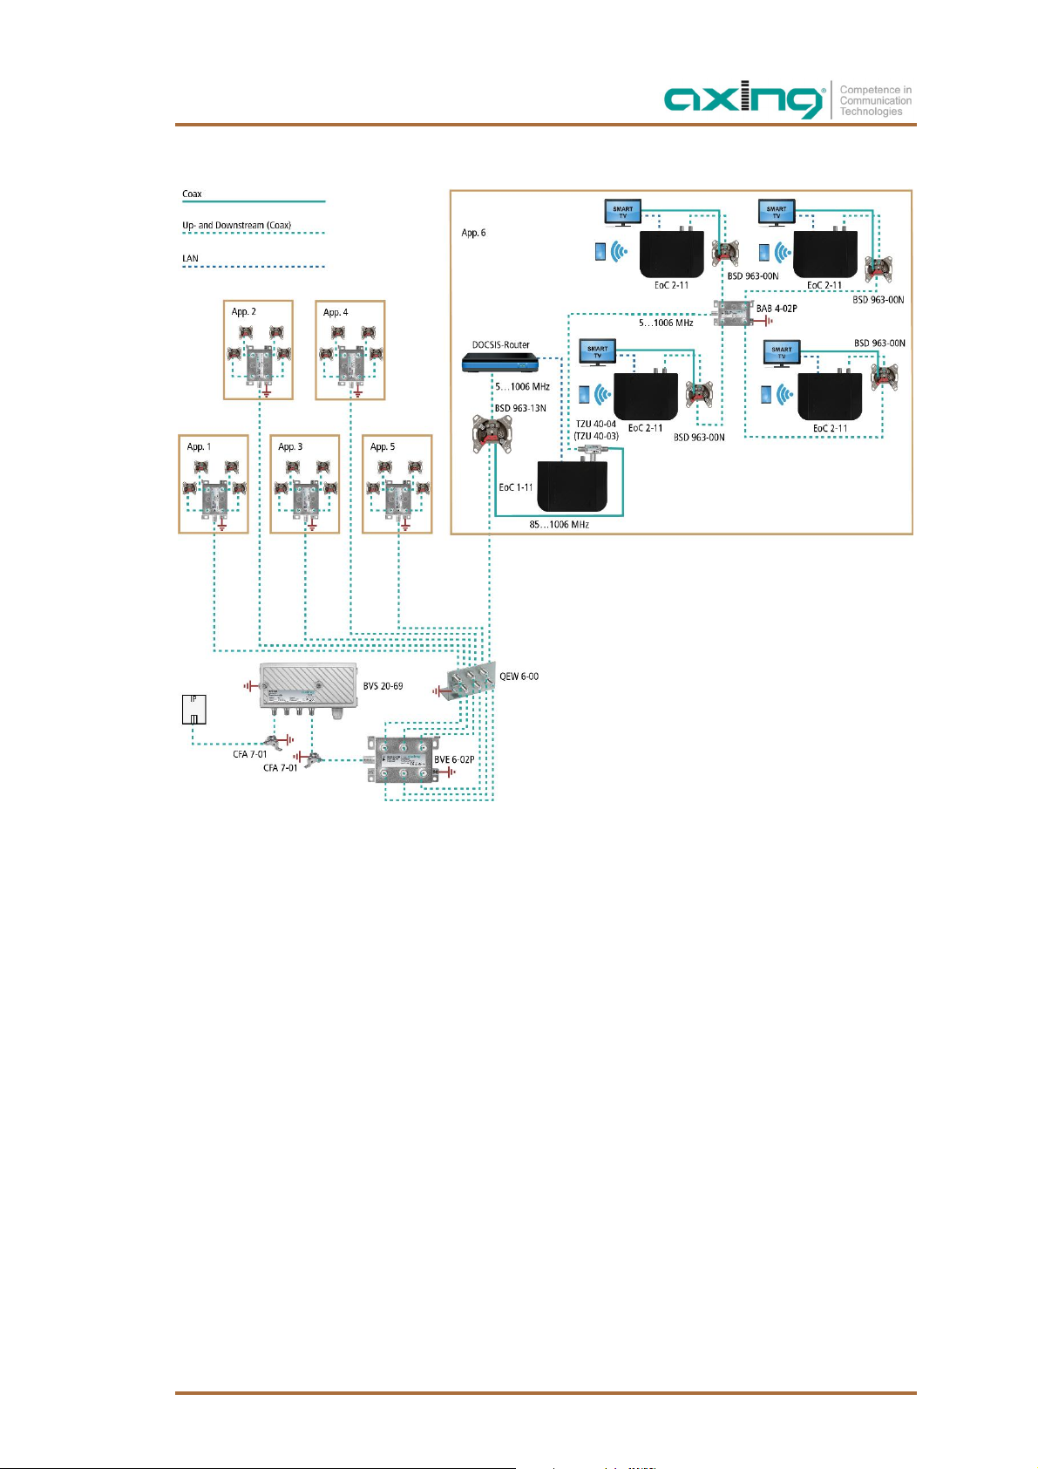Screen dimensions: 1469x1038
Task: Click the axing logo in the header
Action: [744, 101]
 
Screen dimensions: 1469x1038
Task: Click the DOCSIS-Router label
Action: [500, 345]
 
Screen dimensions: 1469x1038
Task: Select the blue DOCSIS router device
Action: [501, 362]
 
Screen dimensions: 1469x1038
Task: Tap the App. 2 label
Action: [243, 312]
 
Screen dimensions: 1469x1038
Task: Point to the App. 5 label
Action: [382, 447]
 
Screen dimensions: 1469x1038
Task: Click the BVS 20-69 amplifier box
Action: [308, 686]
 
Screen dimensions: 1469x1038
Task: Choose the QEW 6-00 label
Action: [519, 677]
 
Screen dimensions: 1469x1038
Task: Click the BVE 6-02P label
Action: [454, 760]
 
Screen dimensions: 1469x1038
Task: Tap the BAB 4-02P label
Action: [777, 309]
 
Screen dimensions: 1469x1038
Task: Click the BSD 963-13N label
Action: [520, 408]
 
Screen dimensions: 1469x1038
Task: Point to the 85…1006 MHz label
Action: [559, 525]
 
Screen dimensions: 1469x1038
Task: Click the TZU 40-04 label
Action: [596, 425]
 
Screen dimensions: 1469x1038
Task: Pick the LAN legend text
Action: [190, 259]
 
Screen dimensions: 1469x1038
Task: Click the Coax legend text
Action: [192, 194]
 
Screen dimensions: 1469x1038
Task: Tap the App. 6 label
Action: [473, 233]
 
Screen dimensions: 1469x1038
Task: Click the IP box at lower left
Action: [193, 709]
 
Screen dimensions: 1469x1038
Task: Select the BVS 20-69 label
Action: [383, 687]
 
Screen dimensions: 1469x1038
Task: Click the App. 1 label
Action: [199, 447]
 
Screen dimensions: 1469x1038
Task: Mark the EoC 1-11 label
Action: [515, 487]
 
